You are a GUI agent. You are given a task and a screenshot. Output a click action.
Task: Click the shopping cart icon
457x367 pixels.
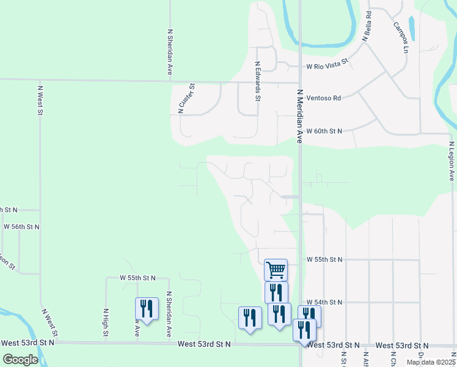(276, 269)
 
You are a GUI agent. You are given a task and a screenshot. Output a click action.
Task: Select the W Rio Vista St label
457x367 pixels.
(327, 64)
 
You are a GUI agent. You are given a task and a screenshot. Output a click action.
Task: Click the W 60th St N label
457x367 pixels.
(324, 131)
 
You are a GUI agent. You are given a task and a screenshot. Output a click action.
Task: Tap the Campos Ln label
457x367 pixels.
(401, 37)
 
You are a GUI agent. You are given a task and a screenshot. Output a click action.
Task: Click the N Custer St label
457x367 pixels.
(186, 98)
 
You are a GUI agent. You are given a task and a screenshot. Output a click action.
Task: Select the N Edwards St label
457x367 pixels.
(258, 81)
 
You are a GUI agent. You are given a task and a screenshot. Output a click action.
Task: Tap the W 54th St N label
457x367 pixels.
(324, 302)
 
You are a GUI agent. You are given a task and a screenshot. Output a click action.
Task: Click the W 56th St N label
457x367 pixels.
(21, 226)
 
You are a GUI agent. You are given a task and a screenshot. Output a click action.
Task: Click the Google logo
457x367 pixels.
(20, 360)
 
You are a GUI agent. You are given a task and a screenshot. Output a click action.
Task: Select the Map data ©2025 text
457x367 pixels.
(431, 362)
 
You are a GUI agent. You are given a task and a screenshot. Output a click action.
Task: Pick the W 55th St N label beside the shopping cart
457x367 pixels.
(324, 259)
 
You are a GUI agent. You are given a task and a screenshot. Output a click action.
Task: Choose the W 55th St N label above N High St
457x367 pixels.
(137, 278)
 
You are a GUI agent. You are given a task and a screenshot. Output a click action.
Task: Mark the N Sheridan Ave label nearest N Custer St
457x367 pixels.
(169, 54)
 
